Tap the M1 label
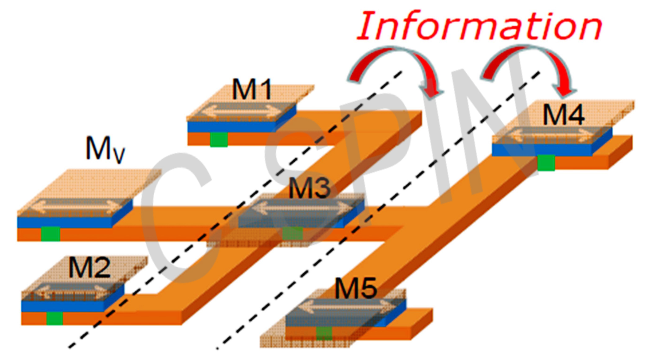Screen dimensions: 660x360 [252, 89]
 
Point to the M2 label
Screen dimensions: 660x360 [89, 267]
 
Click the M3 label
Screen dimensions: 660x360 [310, 188]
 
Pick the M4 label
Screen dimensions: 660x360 [564, 115]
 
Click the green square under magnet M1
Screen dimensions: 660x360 [219, 139]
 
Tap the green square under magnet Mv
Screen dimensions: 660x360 [51, 234]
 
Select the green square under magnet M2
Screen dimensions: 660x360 [55, 318]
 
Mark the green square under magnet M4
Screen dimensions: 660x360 [546, 163]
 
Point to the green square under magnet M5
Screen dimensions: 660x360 [324, 333]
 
